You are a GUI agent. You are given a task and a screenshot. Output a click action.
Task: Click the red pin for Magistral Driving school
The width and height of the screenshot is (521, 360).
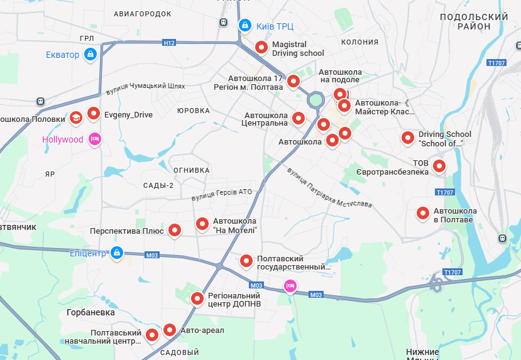coord(261,47)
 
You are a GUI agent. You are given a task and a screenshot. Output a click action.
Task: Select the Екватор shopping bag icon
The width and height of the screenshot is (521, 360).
coord(90,55)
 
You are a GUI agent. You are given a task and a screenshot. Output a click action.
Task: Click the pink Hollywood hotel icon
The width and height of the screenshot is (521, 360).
coord(94,139)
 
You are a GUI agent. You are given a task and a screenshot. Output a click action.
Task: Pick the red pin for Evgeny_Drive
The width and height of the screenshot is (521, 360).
coord(94,114)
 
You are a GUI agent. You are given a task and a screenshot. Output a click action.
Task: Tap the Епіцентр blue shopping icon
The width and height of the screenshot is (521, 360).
coord(116,253)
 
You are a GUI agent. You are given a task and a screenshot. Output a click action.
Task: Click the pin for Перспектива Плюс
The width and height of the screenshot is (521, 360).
coord(175,231)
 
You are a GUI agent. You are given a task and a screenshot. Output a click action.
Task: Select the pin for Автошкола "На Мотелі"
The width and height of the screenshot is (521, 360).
coord(202,223)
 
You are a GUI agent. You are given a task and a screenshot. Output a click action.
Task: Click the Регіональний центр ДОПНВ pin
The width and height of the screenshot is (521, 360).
coord(197,298)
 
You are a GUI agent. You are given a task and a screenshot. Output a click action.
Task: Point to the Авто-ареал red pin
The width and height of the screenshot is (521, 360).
coord(170,329)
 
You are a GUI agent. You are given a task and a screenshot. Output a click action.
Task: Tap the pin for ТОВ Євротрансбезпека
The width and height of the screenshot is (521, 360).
coord(440,166)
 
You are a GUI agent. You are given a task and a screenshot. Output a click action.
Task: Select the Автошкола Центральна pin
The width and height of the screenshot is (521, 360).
coord(299,117)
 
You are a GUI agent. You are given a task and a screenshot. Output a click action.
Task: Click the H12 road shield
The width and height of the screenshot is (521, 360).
coord(168,43)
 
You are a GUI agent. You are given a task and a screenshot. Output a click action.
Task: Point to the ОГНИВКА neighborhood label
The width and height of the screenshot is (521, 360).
coord(191,170)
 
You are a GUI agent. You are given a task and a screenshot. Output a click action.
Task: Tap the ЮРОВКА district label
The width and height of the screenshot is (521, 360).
coord(193,111)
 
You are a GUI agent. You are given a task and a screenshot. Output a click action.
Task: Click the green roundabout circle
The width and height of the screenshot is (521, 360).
coord(315,101)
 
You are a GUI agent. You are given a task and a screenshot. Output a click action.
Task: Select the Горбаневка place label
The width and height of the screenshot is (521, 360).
coord(90,312)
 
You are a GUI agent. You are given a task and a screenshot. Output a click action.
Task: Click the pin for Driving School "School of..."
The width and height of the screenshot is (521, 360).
coord(408,138)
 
